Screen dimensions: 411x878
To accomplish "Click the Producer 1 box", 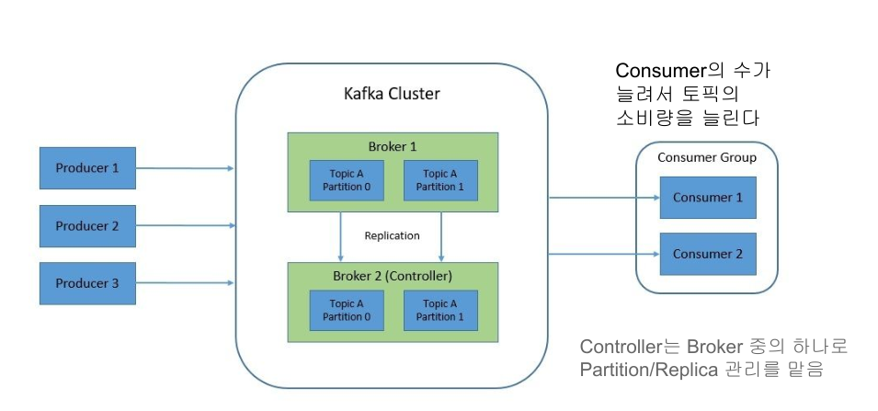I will [x=87, y=168].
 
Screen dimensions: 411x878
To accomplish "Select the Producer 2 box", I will [x=87, y=226].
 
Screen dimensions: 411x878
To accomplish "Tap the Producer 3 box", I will [x=87, y=283].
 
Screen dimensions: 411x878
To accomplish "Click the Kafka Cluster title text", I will [x=392, y=94].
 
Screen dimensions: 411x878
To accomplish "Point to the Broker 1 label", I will [x=393, y=145].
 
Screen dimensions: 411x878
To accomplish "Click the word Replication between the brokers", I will [x=392, y=235].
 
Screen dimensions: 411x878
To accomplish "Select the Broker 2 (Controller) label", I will [x=393, y=276].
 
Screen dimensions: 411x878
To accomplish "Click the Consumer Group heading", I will [x=707, y=157].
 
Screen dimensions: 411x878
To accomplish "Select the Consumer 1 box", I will [x=707, y=198].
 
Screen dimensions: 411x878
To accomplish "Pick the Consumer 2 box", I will [x=707, y=254].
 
